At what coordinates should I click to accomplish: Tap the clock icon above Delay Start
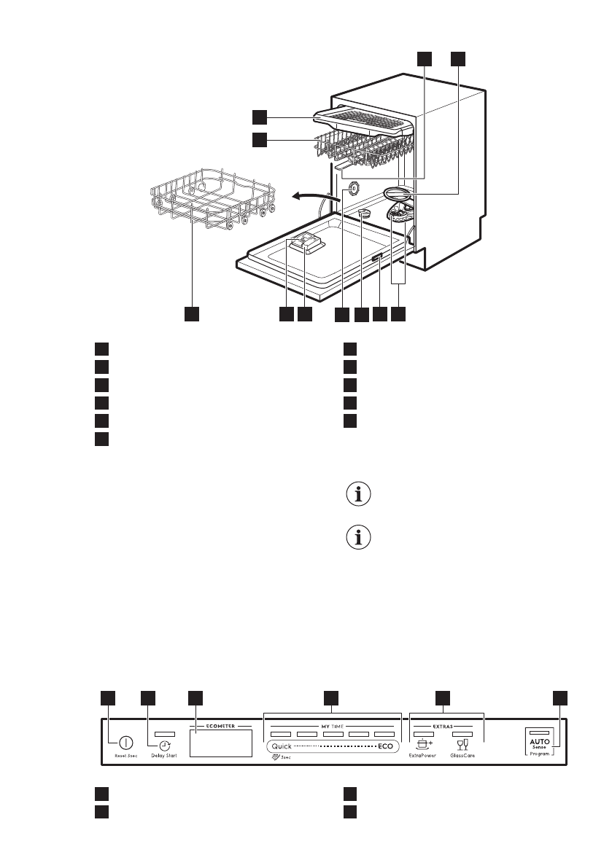[x=165, y=746]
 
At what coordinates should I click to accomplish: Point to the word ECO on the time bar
[x=386, y=747]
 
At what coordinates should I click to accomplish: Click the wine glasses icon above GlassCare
[x=461, y=744]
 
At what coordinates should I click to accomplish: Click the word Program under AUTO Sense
[x=540, y=754]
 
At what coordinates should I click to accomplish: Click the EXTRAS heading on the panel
[x=447, y=727]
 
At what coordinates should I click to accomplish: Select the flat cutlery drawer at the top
[x=365, y=117]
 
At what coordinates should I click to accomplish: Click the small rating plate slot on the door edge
[x=377, y=259]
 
